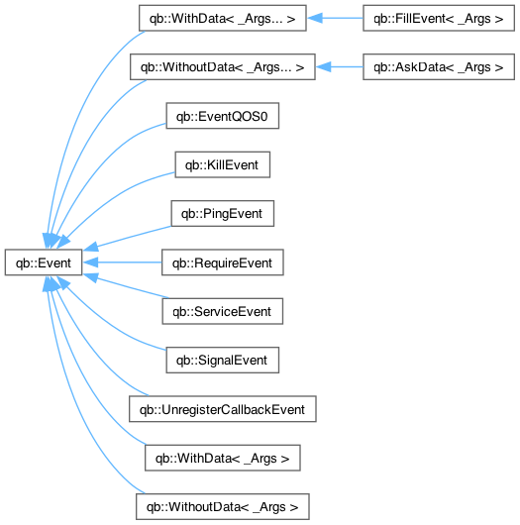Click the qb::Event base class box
pyautogui.click(x=44, y=262)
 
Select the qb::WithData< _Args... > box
pyautogui.click(x=223, y=18)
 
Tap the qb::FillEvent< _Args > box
pyautogui.click(x=439, y=18)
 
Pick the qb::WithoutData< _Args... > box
pyautogui.click(x=223, y=67)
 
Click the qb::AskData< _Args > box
pyautogui.click(x=439, y=67)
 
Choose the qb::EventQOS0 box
pyautogui.click(x=223, y=116)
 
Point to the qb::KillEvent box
pyautogui.click(x=223, y=164)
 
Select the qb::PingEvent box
pyautogui.click(x=223, y=214)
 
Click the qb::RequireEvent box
pyautogui.click(x=223, y=262)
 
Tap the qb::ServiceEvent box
pyautogui.click(x=223, y=311)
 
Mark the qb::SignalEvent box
pyautogui.click(x=223, y=361)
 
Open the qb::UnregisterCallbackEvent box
pyautogui.click(x=223, y=409)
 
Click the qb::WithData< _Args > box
pyautogui.click(x=223, y=458)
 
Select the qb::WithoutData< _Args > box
pyautogui.click(x=223, y=507)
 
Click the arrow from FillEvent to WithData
pyautogui.click(x=335, y=18)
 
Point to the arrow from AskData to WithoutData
pyautogui.click(x=340, y=67)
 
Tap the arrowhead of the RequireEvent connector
pyautogui.click(x=90, y=262)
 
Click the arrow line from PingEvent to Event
pyautogui.click(x=127, y=238)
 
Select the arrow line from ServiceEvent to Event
pyautogui.click(x=126, y=286)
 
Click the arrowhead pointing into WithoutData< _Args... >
pyautogui.click(x=324, y=67)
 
